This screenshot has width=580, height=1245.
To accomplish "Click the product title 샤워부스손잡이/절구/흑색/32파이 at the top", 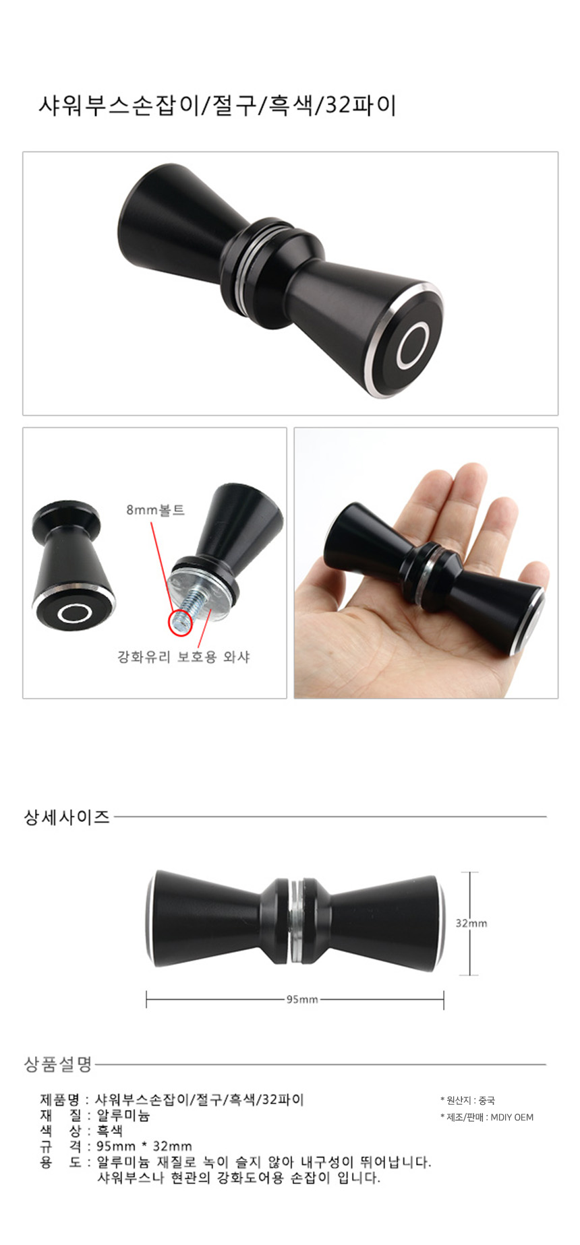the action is tap(217, 106).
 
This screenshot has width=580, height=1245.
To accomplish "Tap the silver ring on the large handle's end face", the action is tap(399, 348).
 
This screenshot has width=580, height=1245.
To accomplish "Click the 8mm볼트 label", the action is tap(155, 510).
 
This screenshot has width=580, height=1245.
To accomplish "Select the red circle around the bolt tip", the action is tap(179, 620).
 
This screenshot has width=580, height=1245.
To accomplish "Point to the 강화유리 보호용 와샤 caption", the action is tap(183, 656).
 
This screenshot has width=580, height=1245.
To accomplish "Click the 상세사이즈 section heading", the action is tap(67, 817).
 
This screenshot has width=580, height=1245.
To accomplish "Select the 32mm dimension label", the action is tap(471, 923).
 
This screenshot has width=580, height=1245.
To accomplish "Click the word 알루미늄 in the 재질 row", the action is tap(123, 1116).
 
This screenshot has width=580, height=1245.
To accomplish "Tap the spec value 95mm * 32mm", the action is tap(144, 1146).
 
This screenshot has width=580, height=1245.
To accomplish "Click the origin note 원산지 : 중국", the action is tap(467, 1100).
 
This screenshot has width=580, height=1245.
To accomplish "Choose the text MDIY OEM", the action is tap(512, 1117).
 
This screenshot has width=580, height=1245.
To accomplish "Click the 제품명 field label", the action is tap(59, 1100).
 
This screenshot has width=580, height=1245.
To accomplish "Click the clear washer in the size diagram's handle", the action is tap(295, 920).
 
